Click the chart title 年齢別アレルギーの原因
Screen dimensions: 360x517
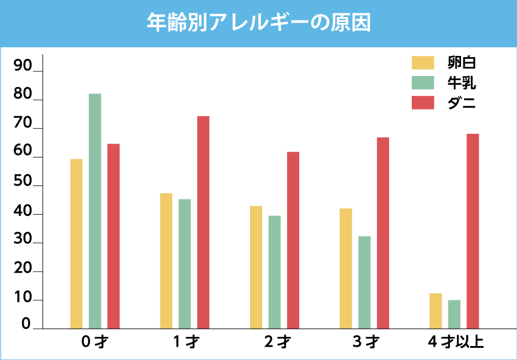click(258, 22)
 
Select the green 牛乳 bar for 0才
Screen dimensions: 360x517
click(95, 210)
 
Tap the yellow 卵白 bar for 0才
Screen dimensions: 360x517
click(76, 243)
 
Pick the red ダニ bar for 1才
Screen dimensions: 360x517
click(203, 222)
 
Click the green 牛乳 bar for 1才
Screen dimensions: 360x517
click(184, 263)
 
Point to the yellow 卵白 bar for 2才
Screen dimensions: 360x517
click(256, 267)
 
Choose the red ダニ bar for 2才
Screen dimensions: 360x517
click(293, 240)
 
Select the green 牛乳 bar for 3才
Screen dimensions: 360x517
click(364, 282)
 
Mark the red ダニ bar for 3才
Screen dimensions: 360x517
click(383, 233)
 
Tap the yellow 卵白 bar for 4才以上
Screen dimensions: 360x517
click(435, 311)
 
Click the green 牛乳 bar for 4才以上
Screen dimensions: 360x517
click(454, 314)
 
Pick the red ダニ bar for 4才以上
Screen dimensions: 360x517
click(473, 231)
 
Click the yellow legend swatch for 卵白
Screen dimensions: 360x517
click(423, 63)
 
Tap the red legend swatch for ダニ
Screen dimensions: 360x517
click(423, 103)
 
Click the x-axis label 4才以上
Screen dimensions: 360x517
click(456, 342)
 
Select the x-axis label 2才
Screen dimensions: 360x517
click(277, 342)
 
